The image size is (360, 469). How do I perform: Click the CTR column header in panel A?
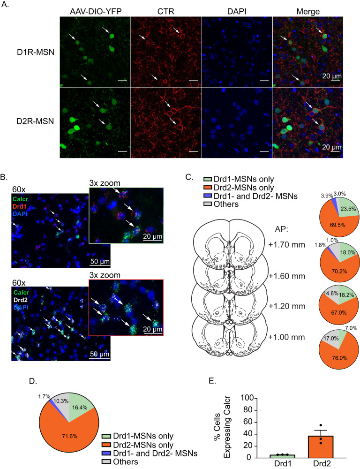click(165, 10)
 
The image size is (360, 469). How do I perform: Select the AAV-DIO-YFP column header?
click(95, 10)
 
